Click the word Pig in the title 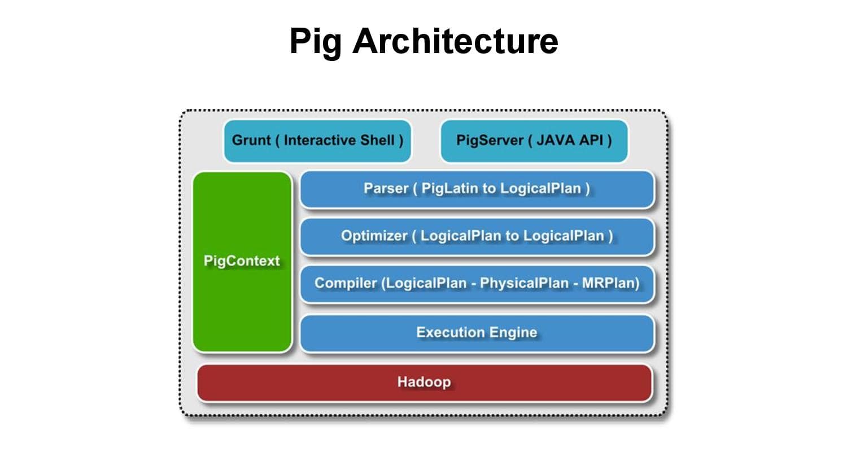[315, 42]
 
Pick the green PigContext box [242, 262]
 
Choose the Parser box [477, 189]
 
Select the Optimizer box [477, 237]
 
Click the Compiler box [477, 284]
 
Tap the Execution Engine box [477, 333]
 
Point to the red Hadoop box [425, 383]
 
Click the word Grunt [251, 140]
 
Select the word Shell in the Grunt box [377, 140]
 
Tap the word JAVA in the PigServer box [556, 140]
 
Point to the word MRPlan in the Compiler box [607, 283]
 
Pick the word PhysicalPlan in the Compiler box [524, 283]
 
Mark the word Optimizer [374, 236]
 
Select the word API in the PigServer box [591, 140]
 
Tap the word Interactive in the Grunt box [320, 140]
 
